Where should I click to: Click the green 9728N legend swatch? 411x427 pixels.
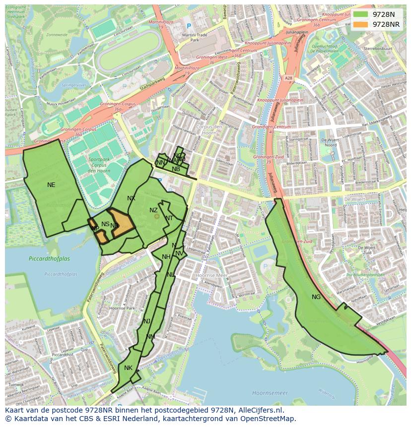click(362, 14)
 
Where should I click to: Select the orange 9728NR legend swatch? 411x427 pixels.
click(362, 24)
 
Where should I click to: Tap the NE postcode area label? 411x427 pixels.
click(51, 185)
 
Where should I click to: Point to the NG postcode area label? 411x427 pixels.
click(316, 297)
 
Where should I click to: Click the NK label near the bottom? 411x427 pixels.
click(128, 368)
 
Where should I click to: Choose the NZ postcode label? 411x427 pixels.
click(153, 210)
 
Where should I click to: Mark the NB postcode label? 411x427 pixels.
click(176, 169)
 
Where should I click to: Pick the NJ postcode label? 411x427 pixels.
click(146, 321)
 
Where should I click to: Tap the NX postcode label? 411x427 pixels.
click(131, 198)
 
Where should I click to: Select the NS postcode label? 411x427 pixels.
click(105, 224)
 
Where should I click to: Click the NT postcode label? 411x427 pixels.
click(169, 218)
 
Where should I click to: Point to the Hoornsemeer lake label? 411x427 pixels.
click(270, 393)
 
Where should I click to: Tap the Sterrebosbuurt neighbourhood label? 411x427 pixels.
click(378, 49)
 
